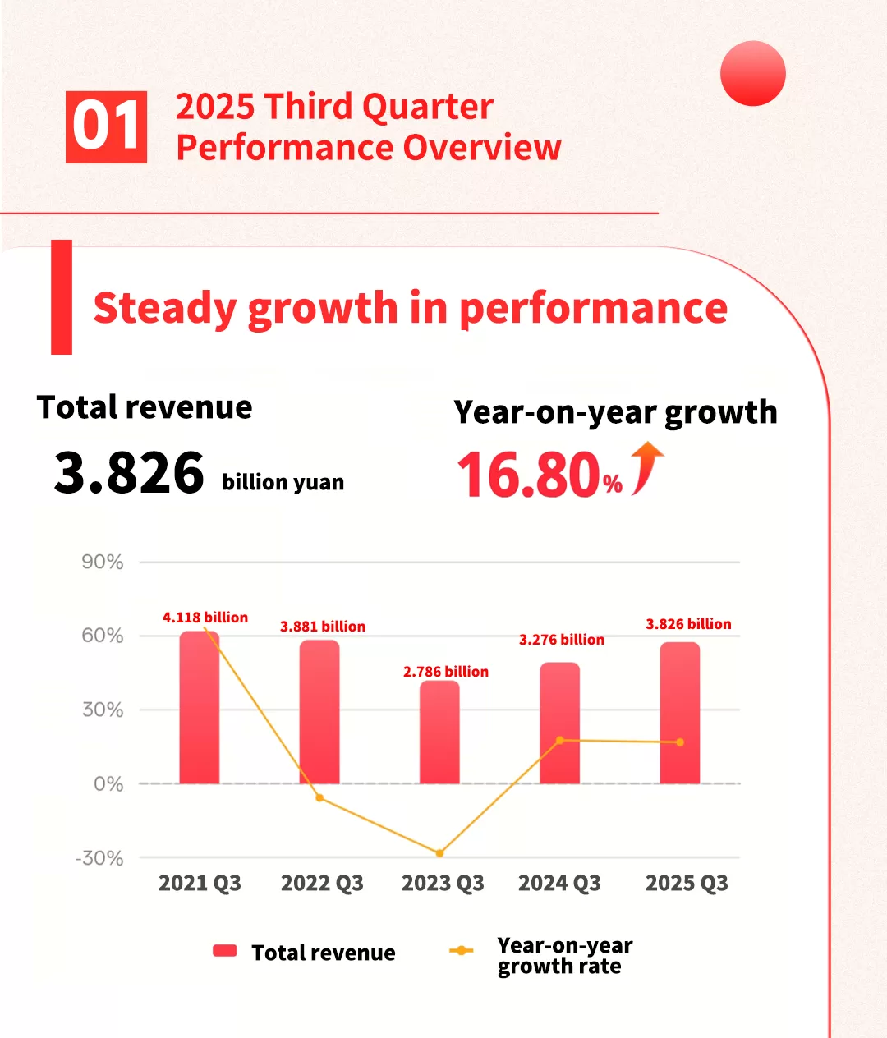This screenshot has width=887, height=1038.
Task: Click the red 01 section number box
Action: (106, 127)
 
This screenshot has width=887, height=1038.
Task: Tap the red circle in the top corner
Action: (752, 73)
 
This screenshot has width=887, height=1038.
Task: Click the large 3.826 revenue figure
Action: (129, 473)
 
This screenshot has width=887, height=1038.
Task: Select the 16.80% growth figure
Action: (539, 475)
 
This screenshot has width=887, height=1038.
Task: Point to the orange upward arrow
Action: (646, 467)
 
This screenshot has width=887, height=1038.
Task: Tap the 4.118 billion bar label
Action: (205, 618)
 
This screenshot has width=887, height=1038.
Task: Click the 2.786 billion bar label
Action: (445, 672)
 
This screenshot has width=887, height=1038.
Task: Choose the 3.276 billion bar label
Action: (562, 640)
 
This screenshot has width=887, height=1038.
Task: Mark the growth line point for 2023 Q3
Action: (439, 853)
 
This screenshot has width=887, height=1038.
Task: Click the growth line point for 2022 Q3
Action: (319, 797)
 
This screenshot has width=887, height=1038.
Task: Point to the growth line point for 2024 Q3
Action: (560, 740)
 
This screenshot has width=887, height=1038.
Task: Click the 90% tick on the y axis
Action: (103, 563)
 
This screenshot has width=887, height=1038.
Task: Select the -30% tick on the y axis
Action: (99, 858)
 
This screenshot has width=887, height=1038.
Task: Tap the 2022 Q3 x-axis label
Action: (322, 884)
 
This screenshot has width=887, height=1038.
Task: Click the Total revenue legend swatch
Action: (225, 951)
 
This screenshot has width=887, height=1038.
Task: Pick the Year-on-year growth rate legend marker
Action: (462, 951)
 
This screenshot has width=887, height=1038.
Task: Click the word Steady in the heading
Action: (164, 309)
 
